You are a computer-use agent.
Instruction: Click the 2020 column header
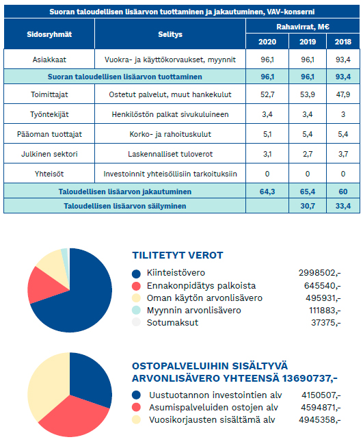click(x=267, y=42)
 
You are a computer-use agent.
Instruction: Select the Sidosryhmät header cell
click(x=49, y=34)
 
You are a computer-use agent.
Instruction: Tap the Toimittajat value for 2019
click(x=307, y=94)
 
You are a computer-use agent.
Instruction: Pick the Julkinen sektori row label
click(x=49, y=154)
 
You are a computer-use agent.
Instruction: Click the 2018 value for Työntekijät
click(x=342, y=114)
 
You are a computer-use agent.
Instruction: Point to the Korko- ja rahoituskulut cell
click(x=170, y=134)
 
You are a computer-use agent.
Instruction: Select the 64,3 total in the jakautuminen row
click(x=267, y=192)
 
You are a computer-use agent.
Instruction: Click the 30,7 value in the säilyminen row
click(x=308, y=206)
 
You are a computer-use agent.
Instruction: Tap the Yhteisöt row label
click(x=49, y=174)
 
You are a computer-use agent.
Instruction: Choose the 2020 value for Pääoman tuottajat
click(x=267, y=134)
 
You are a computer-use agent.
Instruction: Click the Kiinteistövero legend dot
click(x=137, y=274)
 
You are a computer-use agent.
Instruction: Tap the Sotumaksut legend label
click(x=172, y=323)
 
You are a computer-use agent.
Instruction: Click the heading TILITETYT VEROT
click(x=178, y=255)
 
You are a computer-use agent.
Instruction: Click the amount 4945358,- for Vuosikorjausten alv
click(x=320, y=419)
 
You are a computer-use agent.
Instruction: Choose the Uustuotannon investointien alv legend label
click(x=215, y=395)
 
